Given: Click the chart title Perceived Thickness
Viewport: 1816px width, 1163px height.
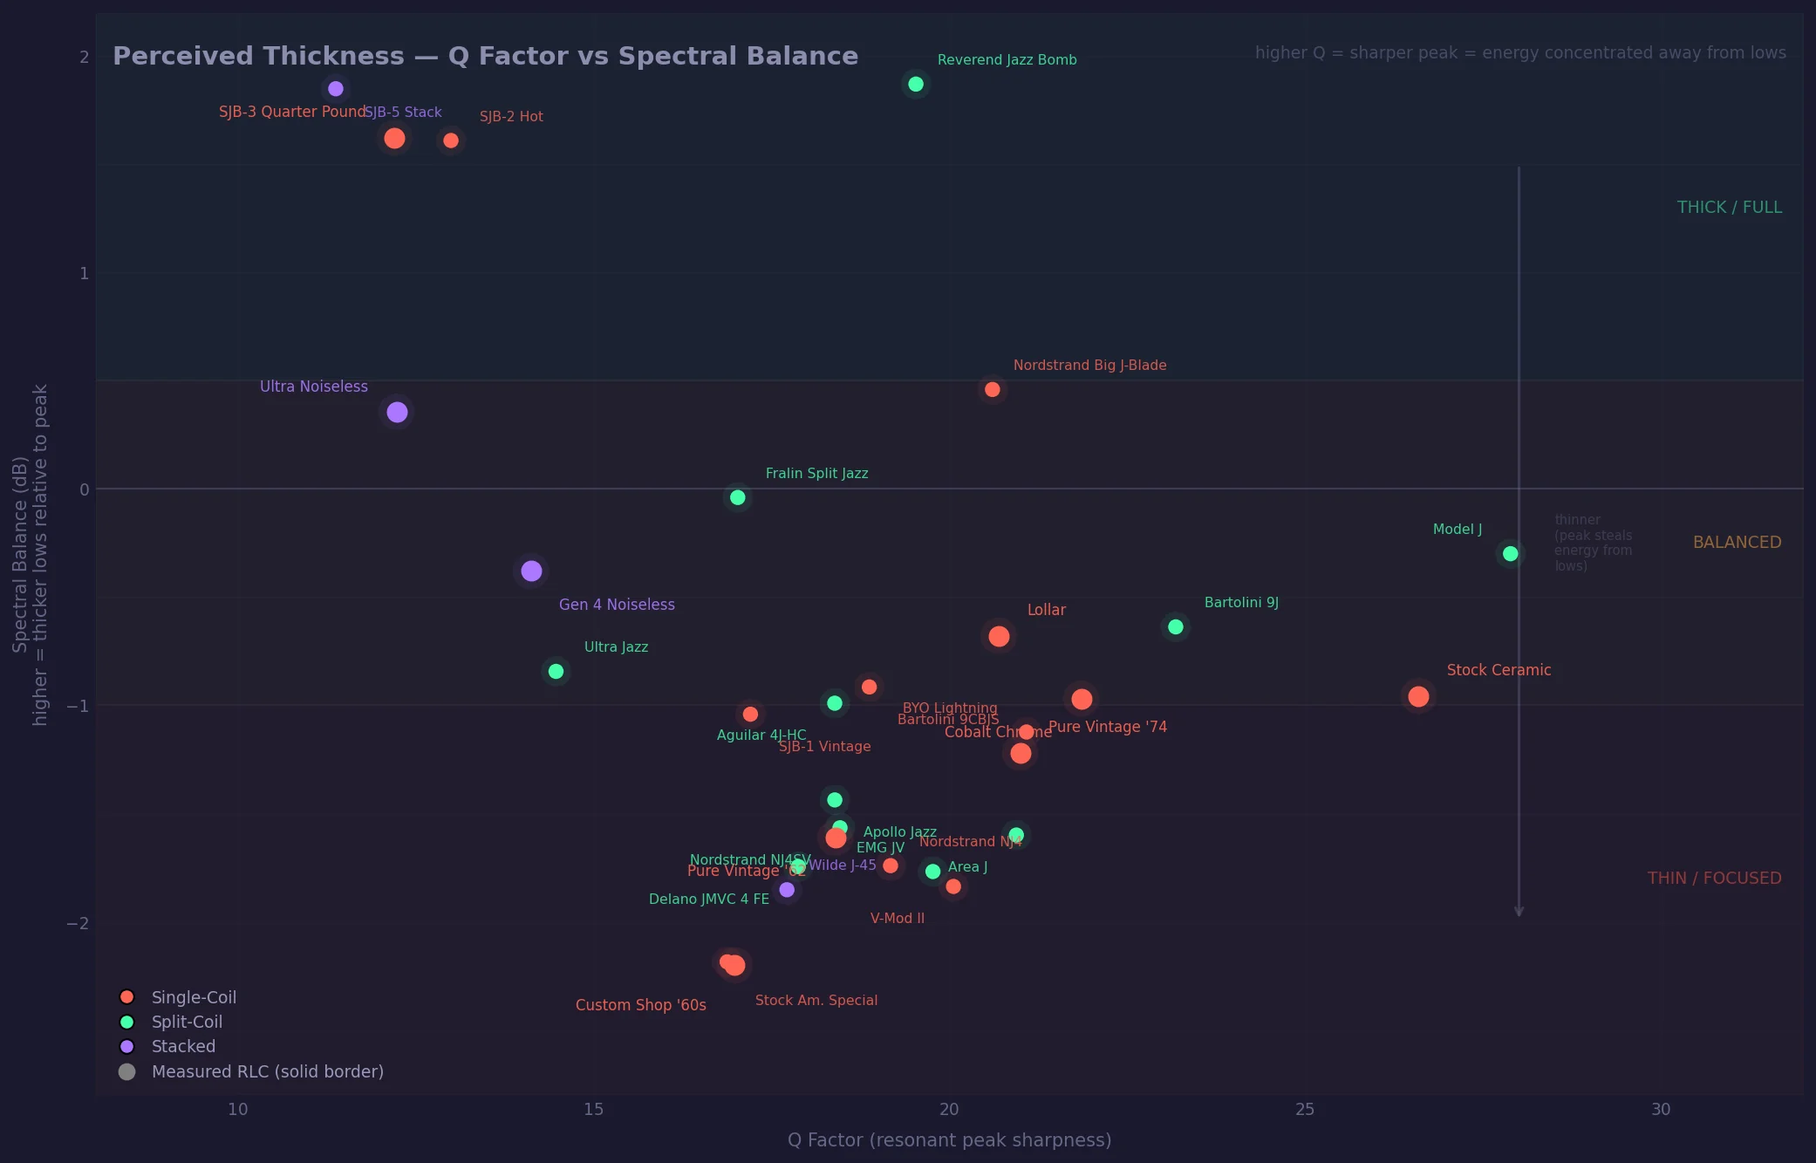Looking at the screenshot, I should coord(485,56).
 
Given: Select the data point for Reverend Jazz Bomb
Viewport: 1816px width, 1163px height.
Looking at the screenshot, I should coord(915,85).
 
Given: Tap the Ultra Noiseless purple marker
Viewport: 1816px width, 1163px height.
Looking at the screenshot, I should coord(397,412).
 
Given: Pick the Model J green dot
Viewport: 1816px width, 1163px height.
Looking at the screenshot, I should coord(1510,554).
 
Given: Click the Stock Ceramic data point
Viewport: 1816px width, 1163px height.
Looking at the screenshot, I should coord(1418,696).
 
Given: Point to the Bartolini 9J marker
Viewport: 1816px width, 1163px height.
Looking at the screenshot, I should coord(1175,627).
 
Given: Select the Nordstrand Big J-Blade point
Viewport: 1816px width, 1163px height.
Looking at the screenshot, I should coord(992,390).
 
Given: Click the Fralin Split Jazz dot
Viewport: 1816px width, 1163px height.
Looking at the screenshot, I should coord(737,497).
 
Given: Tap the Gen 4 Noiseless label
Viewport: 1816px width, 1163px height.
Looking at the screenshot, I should coord(616,605).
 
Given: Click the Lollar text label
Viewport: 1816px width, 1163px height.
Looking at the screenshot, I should coord(1046,610).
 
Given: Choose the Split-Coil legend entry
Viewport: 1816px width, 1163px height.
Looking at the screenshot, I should coord(187,1022).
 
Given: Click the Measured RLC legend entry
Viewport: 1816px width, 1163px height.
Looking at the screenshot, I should coord(267,1071).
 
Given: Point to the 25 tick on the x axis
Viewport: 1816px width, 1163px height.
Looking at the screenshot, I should coord(1304,1110).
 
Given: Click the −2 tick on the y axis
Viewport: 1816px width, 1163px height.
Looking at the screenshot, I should coord(78,923).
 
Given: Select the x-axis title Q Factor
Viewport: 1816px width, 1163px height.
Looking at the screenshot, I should coord(949,1140).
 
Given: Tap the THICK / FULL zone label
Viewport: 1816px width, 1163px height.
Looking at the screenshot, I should coord(1729,208).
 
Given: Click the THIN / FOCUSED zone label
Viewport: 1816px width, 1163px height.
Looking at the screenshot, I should coord(1713,879).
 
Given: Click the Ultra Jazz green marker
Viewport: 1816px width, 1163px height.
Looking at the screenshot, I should coord(556,671).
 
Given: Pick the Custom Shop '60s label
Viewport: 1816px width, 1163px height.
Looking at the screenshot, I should coord(640,1005).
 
